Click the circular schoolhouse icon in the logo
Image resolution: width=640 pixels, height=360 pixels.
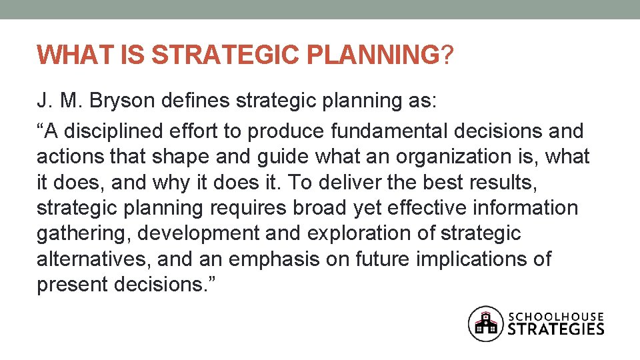(485, 324)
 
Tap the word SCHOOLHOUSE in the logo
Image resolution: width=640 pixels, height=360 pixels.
(557, 316)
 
